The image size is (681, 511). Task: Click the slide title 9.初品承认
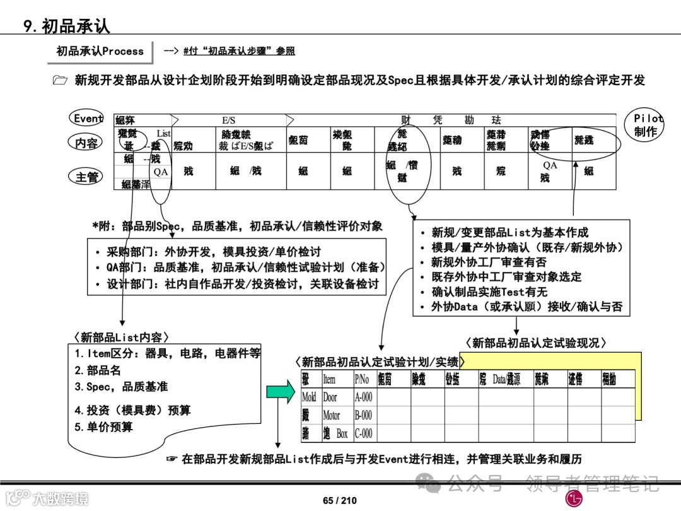(67, 25)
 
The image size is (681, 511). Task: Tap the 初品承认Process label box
(100, 52)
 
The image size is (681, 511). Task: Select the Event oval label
(88, 119)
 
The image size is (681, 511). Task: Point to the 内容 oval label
(86, 143)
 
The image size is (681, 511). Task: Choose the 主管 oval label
(86, 177)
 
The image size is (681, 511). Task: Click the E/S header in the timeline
(228, 120)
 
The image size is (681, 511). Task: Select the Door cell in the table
(330, 397)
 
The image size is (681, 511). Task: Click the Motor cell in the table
(332, 416)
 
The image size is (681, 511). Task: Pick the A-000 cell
(363, 397)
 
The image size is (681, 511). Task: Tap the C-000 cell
(363, 433)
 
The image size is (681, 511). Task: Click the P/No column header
(362, 379)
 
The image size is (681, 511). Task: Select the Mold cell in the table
(309, 397)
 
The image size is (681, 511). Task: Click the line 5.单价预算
(103, 427)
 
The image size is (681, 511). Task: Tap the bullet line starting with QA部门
(240, 267)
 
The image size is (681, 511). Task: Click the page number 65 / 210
(340, 500)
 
